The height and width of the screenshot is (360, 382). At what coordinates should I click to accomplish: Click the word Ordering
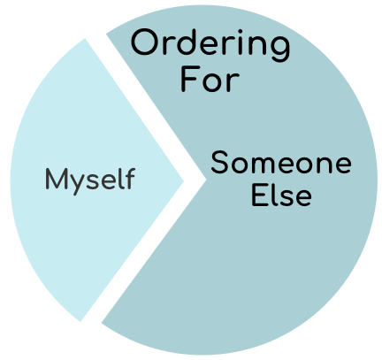click(210, 45)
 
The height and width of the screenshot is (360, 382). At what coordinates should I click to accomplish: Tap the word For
click(210, 79)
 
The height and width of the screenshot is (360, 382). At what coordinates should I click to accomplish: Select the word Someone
click(281, 162)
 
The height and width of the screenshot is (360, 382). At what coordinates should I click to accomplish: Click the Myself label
click(90, 180)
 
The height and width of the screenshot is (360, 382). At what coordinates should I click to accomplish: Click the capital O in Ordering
click(143, 42)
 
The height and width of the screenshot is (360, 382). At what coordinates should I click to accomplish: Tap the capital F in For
click(188, 79)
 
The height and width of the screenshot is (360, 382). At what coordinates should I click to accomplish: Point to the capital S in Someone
click(219, 162)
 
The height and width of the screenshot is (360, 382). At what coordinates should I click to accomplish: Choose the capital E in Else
click(258, 195)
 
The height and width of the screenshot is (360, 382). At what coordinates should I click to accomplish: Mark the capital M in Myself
click(57, 179)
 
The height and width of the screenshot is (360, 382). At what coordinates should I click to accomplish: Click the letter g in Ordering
click(279, 48)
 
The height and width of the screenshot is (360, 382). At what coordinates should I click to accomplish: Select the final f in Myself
click(131, 178)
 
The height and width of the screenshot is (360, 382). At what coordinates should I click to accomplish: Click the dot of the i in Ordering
click(241, 32)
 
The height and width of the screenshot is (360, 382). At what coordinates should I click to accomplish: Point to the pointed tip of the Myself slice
click(183, 180)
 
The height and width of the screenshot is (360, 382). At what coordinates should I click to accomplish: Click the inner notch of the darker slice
click(205, 179)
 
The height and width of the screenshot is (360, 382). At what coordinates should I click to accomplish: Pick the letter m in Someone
click(264, 165)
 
